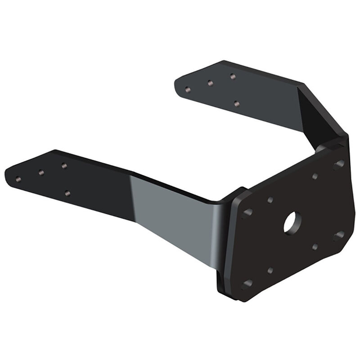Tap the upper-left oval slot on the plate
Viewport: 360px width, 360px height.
(247, 212)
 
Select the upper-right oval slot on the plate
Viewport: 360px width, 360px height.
(338, 164)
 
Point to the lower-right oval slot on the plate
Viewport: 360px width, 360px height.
(338, 235)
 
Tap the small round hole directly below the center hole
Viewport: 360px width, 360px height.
(315, 247)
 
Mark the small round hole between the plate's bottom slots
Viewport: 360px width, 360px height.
(270, 270)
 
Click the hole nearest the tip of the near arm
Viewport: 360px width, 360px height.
(18, 179)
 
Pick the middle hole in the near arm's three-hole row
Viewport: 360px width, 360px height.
(41, 172)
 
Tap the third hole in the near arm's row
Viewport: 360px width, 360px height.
(64, 166)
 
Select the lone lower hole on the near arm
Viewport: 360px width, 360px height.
(67, 193)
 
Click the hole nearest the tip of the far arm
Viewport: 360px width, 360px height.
(188, 90)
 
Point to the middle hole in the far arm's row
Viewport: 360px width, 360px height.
(210, 83)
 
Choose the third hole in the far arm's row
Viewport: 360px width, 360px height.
(233, 76)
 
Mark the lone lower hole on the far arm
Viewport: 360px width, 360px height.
(237, 103)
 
